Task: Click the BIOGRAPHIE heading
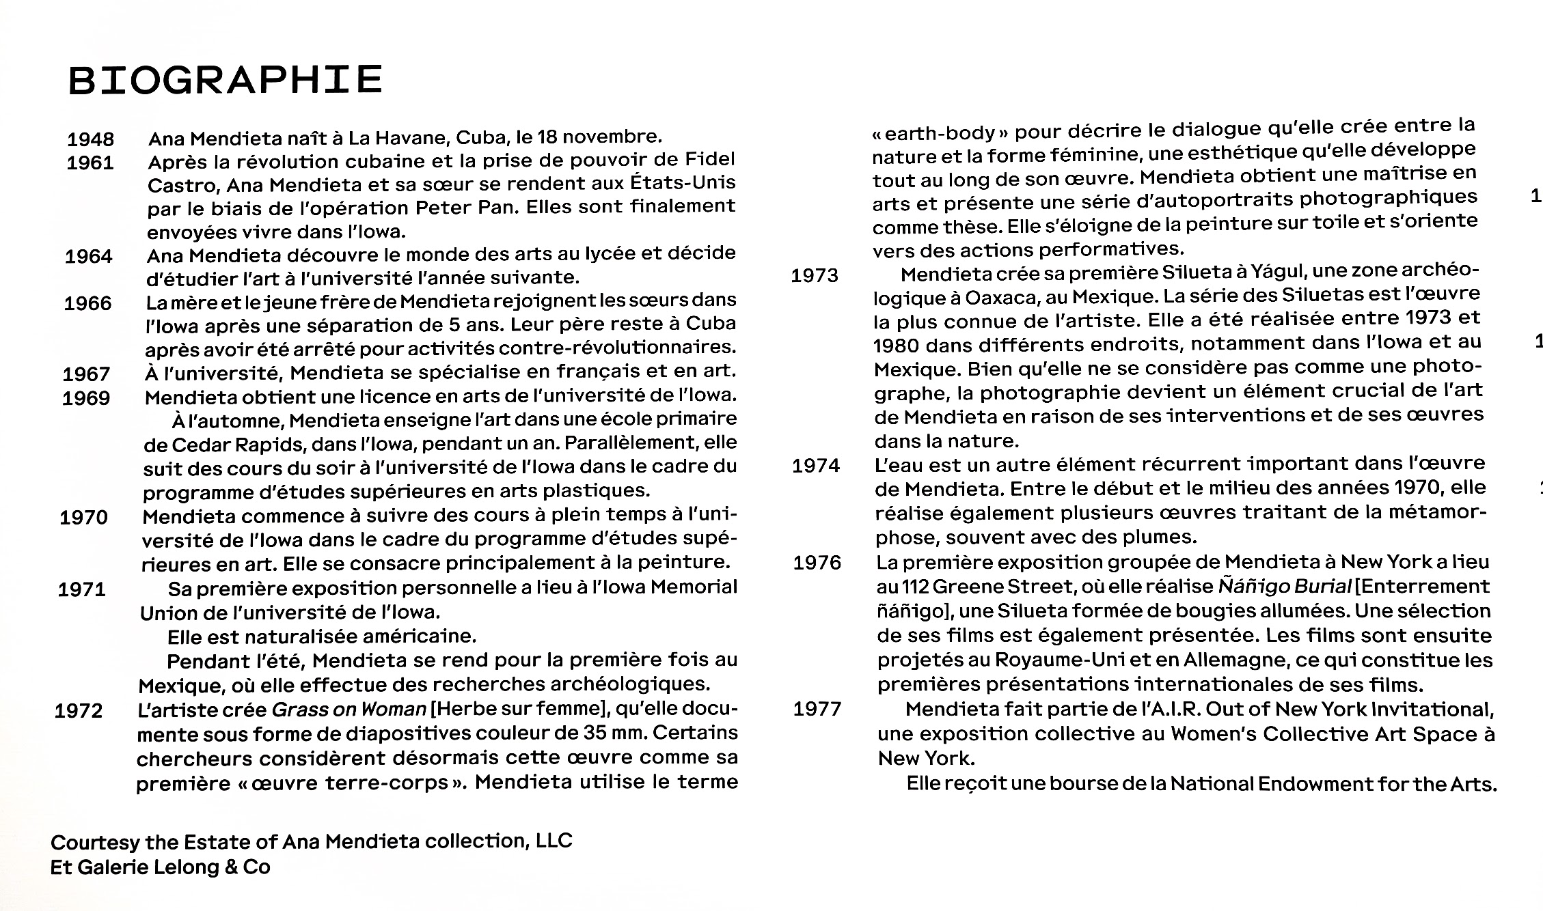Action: tap(225, 80)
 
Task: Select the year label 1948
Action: tap(90, 139)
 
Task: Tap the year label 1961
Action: tap(90, 163)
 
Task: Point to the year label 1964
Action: tap(88, 257)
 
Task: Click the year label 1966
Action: tap(87, 303)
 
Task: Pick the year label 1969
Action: tap(86, 398)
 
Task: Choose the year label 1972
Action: tap(79, 711)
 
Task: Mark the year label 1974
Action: tap(816, 466)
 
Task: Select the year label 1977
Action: tap(817, 709)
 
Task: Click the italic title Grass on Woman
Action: tap(349, 710)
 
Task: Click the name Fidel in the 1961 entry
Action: tap(709, 159)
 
